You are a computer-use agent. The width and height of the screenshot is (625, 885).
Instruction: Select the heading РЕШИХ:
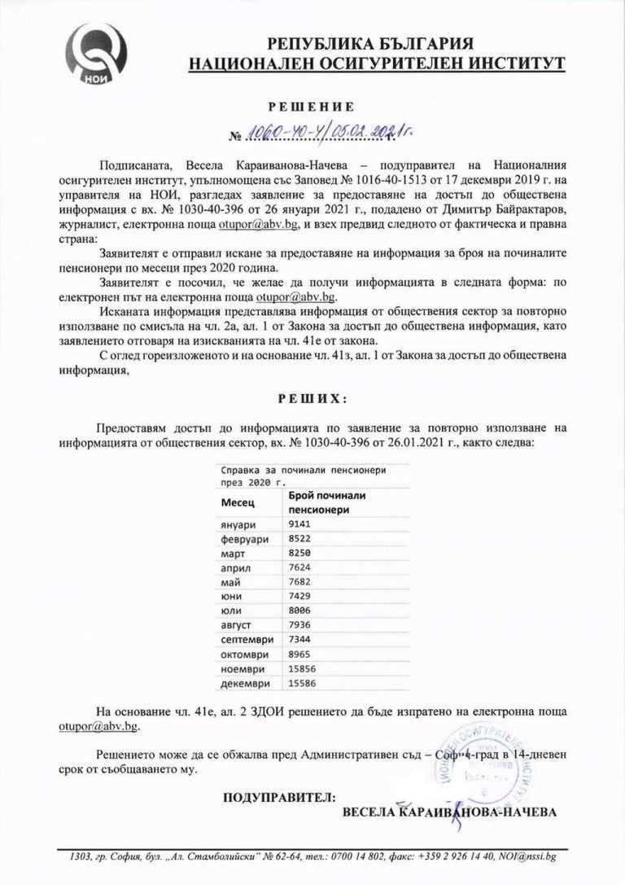(x=312, y=400)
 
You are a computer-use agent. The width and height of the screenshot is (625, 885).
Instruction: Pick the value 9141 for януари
(x=299, y=524)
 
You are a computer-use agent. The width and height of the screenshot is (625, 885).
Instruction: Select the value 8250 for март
(x=299, y=553)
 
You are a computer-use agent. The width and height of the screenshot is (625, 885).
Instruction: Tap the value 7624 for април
(x=299, y=567)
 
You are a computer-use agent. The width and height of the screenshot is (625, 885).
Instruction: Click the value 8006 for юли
(x=299, y=611)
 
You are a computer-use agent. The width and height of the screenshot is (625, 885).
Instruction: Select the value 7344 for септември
(x=299, y=640)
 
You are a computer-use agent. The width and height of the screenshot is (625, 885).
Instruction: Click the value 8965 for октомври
(x=299, y=654)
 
